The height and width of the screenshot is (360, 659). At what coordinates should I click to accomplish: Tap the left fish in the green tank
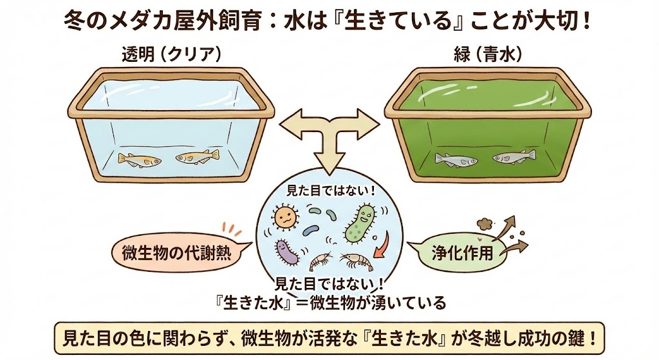[456, 158]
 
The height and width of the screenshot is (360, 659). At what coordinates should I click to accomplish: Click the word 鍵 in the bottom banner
[576, 337]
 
